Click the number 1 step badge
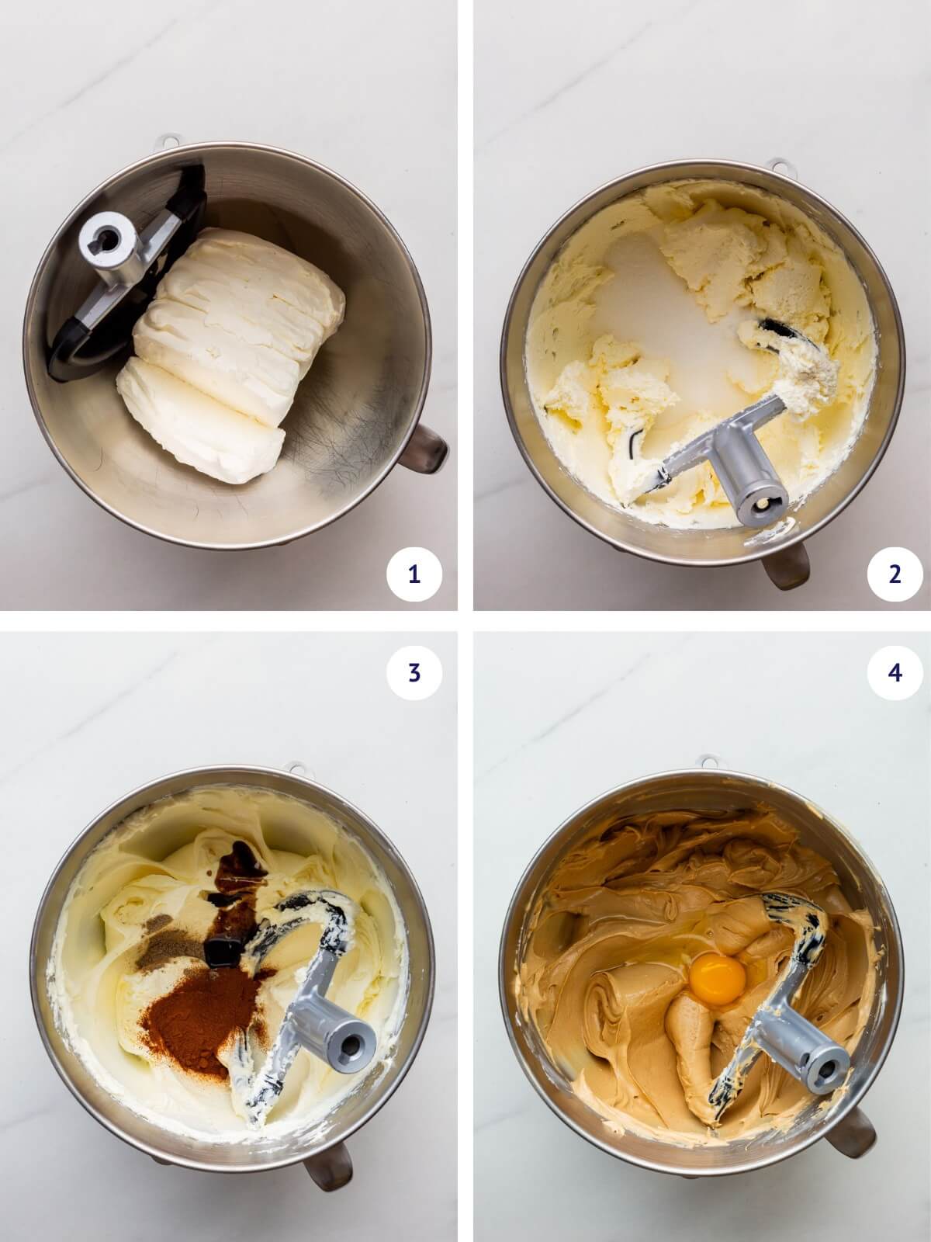(x=414, y=574)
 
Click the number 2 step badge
(x=895, y=574)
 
